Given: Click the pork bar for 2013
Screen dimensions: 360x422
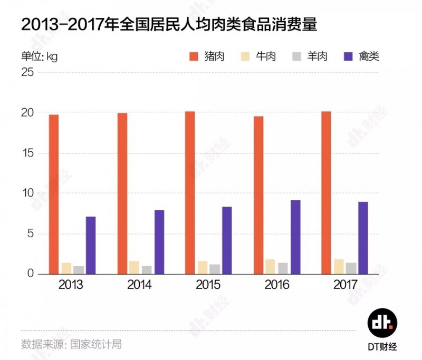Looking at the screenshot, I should click(54, 194).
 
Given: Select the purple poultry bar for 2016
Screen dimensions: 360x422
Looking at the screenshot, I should click(295, 237).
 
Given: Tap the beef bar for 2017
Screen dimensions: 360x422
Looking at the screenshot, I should click(338, 267).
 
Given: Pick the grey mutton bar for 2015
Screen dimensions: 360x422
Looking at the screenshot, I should click(214, 269).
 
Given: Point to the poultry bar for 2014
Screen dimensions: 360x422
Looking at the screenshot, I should click(159, 242).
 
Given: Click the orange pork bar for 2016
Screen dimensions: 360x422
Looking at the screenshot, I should click(258, 195).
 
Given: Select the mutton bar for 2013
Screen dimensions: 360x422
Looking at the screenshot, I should click(79, 270).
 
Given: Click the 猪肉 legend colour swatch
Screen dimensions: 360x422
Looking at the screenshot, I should click(194, 56).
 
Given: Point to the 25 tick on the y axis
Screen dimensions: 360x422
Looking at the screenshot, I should click(27, 73).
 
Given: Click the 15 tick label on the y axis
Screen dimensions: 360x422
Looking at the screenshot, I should click(27, 153).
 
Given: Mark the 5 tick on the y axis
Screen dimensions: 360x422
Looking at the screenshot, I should click(31, 234).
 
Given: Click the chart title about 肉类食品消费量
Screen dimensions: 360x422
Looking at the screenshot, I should click(169, 25).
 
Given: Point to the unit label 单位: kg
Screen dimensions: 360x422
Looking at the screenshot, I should click(39, 56).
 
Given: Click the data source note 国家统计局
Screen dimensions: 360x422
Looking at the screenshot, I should click(71, 344).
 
